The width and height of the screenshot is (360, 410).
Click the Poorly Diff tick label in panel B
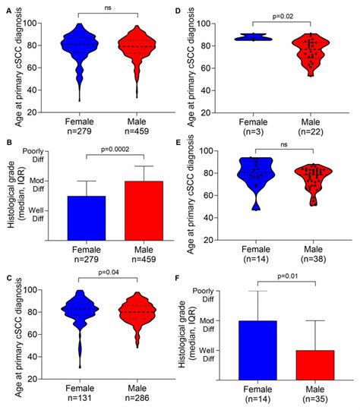pyautogui.click(x=30, y=156)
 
